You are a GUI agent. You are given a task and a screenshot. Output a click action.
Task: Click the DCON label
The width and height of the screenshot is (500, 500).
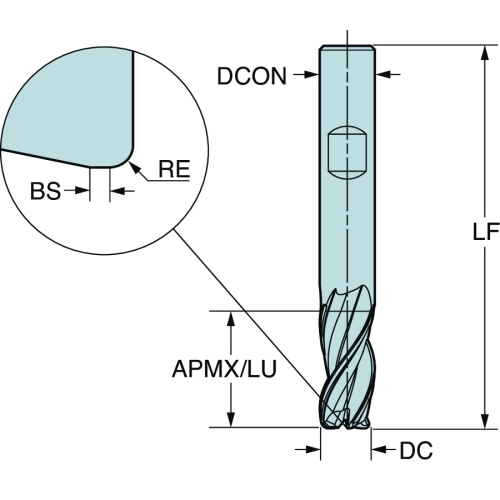point(252,76)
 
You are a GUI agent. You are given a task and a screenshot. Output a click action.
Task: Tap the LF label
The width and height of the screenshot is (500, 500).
point(486,231)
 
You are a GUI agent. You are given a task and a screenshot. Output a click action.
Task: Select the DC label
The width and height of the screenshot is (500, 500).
point(416,450)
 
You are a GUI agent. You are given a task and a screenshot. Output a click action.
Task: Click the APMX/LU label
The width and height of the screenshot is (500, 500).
point(224,369)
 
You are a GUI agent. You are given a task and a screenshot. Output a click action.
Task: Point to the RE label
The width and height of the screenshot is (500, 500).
point(174,169)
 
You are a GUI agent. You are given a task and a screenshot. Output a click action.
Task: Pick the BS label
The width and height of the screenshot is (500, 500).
point(45,191)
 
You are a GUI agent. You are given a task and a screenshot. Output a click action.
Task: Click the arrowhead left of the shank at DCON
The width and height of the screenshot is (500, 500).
point(312,74)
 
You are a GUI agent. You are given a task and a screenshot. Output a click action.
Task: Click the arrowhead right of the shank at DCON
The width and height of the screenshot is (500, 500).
point(383,74)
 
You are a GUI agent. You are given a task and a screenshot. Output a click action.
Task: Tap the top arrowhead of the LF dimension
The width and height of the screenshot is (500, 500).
point(485,53)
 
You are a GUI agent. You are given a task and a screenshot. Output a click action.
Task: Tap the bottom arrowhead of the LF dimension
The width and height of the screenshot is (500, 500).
point(485,420)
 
